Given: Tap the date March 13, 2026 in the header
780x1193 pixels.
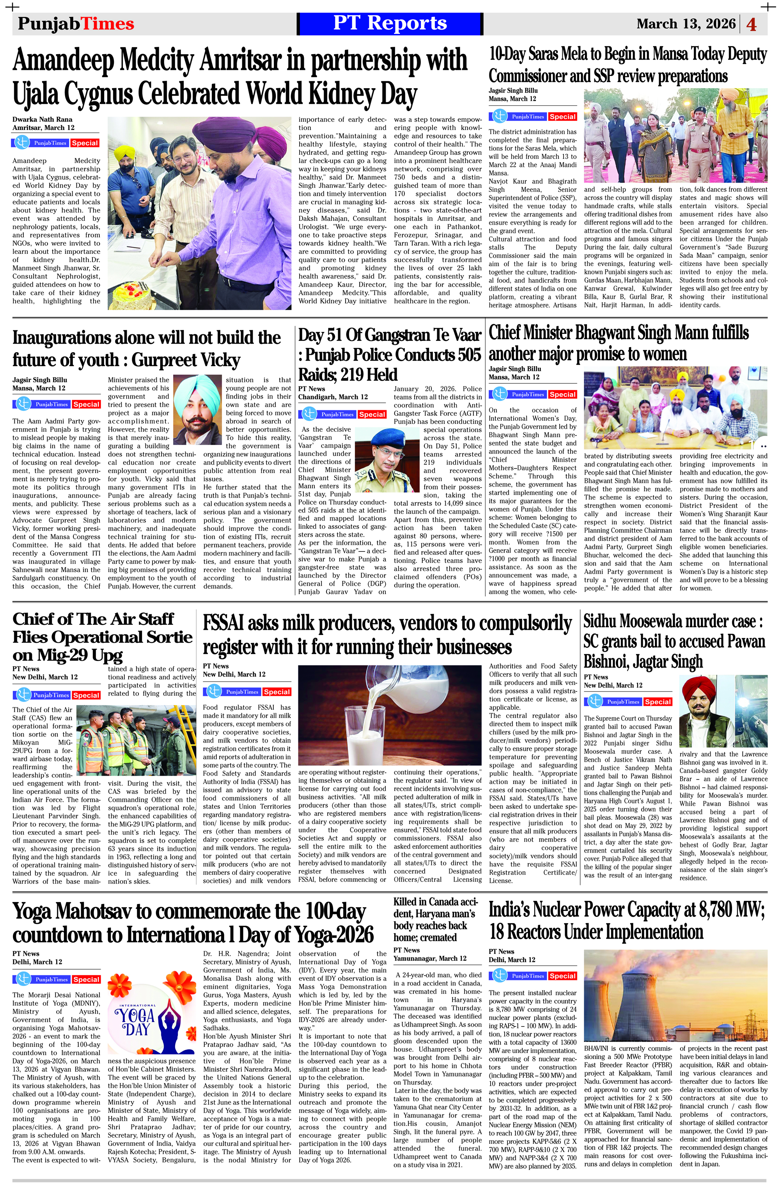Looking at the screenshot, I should (x=686, y=23).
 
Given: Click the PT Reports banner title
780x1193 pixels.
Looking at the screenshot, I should (x=390, y=23).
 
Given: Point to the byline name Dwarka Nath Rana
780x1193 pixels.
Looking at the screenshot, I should (x=43, y=119).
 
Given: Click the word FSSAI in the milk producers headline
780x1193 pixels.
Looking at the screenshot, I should (x=223, y=624).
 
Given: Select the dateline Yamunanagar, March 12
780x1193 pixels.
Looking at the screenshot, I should (x=430, y=958).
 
